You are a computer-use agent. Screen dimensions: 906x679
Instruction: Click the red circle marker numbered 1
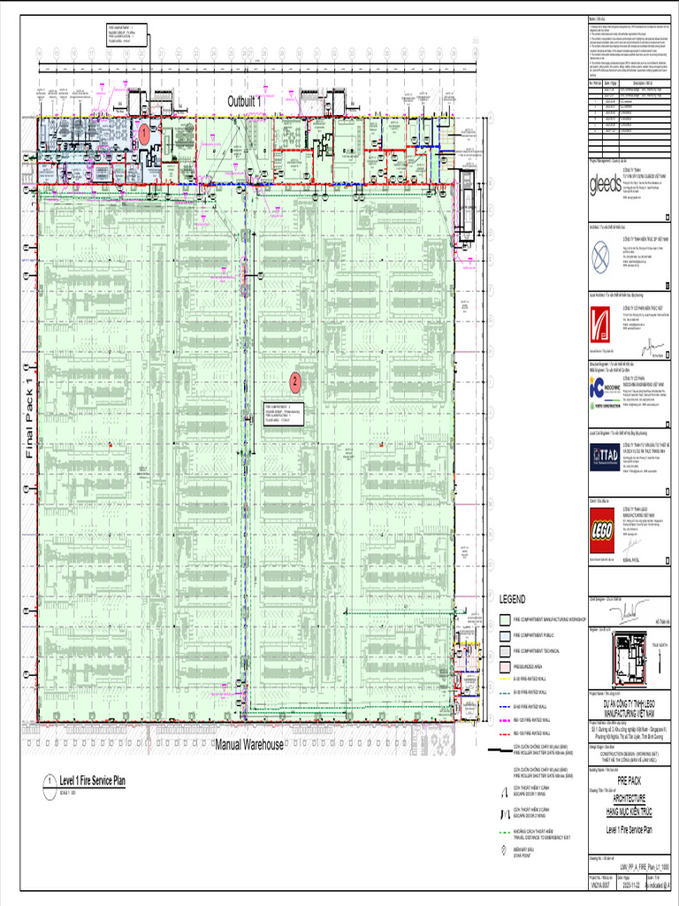143,133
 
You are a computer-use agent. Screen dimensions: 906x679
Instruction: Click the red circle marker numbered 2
295,382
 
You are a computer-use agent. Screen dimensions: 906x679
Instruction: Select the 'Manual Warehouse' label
249,744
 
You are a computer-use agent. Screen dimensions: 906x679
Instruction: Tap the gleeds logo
606,183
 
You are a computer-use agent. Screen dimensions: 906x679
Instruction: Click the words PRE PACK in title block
629,781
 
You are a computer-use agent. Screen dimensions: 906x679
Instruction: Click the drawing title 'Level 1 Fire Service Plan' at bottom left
93,780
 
